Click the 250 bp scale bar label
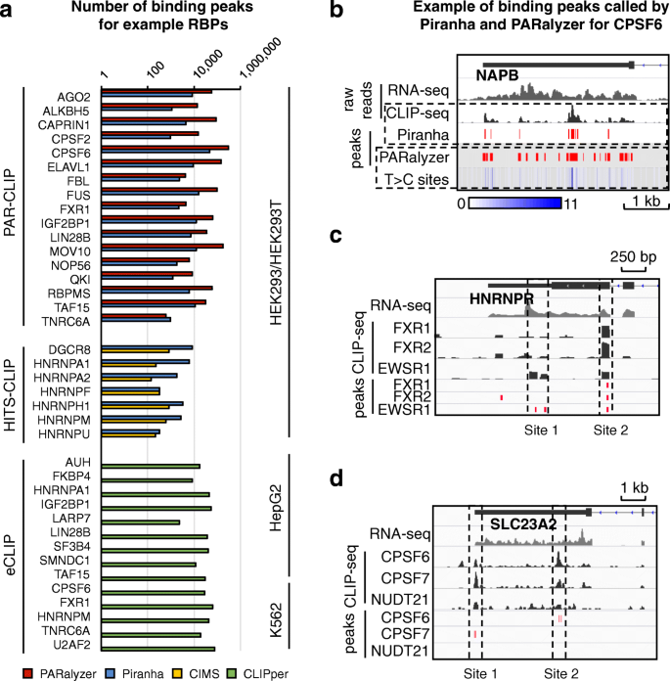click(x=629, y=255)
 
